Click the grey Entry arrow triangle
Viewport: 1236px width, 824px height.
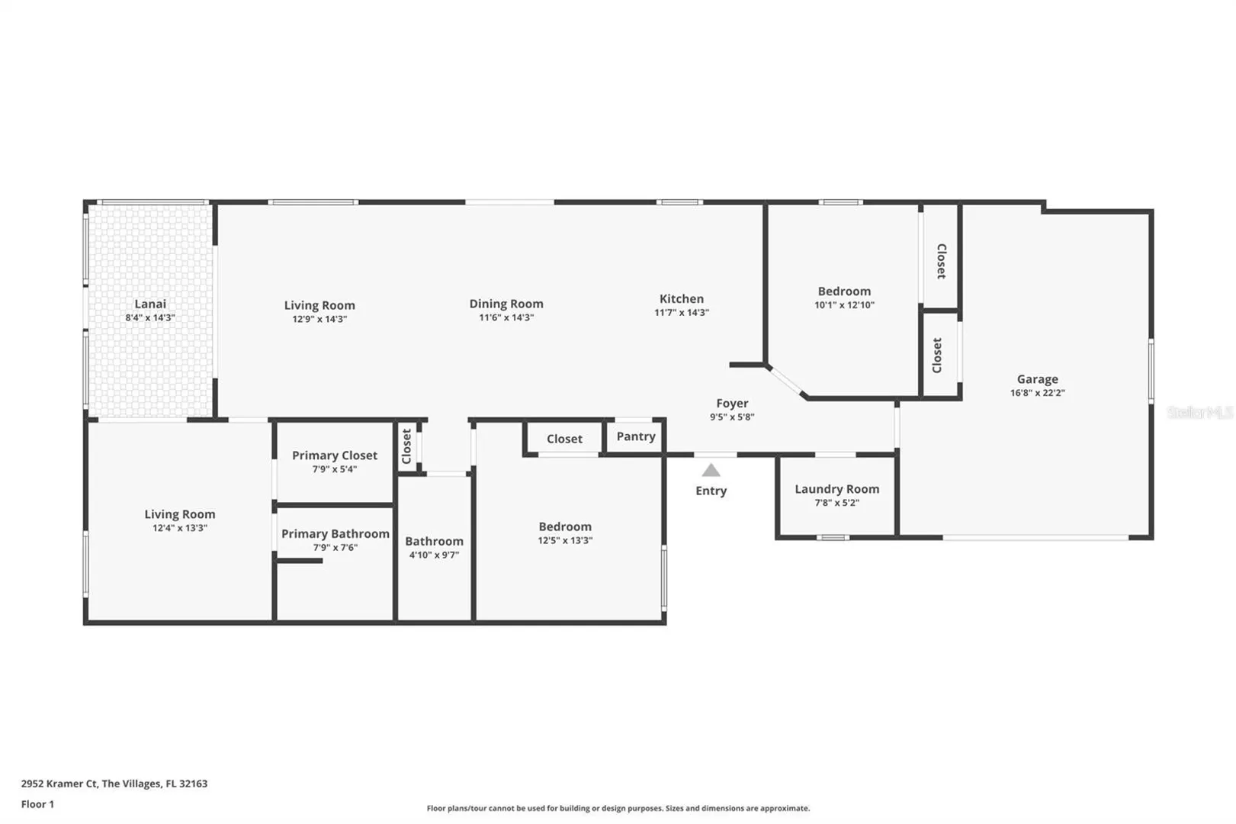(711, 470)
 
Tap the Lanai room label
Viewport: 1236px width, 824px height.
(150, 304)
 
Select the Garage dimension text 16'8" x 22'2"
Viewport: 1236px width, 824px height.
(1037, 393)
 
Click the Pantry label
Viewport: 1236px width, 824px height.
(636, 436)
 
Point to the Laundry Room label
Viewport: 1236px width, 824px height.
(836, 489)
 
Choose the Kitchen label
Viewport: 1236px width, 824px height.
(682, 299)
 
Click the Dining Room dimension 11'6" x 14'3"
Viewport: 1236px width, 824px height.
(506, 317)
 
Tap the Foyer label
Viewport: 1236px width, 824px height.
(732, 404)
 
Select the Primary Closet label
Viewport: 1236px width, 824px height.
(335, 455)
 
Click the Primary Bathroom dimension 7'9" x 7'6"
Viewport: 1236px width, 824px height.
(335, 547)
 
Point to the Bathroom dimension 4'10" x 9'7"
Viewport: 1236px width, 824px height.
(434, 555)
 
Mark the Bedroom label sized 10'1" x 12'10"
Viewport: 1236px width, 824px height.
(844, 291)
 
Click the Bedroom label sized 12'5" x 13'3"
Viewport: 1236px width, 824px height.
(565, 527)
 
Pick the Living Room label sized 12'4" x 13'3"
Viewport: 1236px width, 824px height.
(180, 514)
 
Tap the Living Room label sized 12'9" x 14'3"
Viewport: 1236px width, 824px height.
(319, 305)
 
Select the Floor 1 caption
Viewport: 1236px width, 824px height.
(37, 804)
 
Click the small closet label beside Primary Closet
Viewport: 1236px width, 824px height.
(406, 446)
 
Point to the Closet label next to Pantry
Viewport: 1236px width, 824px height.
(564, 439)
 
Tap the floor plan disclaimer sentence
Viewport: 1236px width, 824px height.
(618, 808)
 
